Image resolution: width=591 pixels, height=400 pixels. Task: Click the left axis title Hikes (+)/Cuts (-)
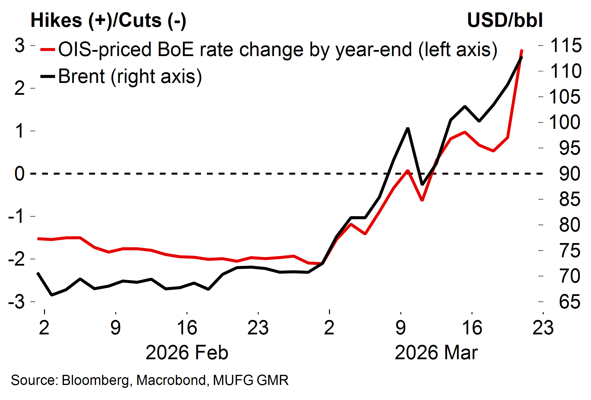point(108,21)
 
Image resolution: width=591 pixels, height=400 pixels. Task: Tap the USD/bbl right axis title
point(505,21)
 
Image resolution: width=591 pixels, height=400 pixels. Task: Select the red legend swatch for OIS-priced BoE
point(48,50)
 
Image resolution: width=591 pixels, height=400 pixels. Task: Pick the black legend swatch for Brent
point(48,77)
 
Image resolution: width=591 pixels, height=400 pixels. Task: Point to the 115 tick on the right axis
point(565,45)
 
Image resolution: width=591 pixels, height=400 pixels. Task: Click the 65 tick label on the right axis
point(569,302)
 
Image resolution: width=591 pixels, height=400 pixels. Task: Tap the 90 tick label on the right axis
point(569,174)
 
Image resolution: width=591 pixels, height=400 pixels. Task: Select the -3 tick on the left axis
point(17,302)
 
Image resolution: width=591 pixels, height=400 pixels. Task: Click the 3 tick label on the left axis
point(20,45)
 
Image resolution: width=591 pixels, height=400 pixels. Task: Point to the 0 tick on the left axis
point(20,174)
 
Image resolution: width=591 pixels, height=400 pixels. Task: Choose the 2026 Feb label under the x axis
point(187,353)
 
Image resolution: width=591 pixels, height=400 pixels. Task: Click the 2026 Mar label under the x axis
point(436,353)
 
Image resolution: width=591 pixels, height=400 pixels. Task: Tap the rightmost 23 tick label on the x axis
point(543,328)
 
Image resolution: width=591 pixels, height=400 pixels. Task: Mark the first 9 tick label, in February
point(115,328)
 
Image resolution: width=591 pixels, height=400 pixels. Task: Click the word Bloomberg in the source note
point(95,380)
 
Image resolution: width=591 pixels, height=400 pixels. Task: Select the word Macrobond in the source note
point(171,380)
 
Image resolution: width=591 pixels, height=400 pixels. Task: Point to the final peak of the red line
point(522,50)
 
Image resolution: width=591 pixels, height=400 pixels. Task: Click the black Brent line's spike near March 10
point(408,128)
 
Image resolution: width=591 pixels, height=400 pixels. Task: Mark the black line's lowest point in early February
point(52,295)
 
